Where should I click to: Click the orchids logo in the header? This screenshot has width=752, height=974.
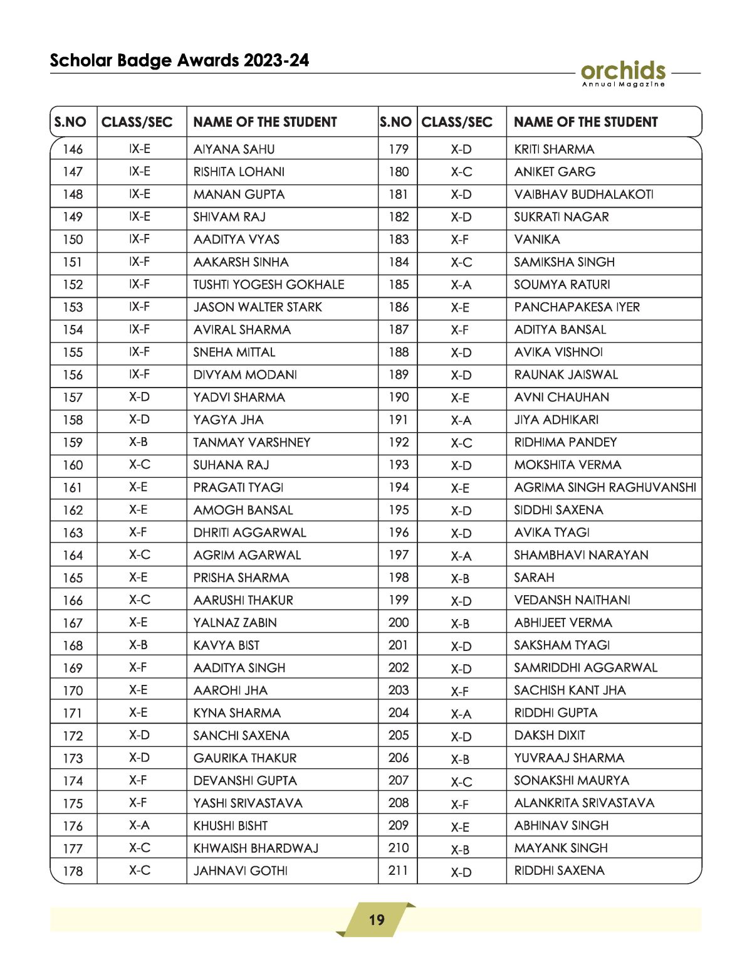click(623, 73)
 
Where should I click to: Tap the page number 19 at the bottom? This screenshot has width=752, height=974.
click(376, 919)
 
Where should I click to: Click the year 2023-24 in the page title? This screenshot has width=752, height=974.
click(276, 60)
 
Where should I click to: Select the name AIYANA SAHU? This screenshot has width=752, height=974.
click(234, 149)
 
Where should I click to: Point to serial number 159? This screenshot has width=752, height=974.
click(73, 443)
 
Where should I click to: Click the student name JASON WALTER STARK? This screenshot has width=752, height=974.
click(258, 307)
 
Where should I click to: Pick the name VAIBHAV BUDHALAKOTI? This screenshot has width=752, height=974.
click(583, 194)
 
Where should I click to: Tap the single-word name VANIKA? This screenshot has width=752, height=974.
click(537, 240)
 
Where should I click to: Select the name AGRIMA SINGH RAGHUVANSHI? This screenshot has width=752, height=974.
click(605, 487)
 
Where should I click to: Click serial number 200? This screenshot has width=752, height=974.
click(399, 623)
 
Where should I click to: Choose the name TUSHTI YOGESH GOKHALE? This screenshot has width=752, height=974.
click(269, 285)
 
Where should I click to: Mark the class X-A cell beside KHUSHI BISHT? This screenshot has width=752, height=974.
click(139, 825)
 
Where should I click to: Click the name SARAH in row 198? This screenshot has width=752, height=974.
click(534, 578)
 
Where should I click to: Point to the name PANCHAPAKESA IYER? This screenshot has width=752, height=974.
click(577, 307)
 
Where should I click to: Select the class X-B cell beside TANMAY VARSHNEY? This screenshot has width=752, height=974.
click(138, 442)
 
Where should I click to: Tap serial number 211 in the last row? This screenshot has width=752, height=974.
click(399, 871)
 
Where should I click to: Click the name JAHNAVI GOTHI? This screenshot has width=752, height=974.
click(241, 871)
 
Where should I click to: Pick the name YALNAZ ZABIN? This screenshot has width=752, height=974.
click(235, 623)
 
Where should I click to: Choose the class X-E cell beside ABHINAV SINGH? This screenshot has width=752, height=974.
click(460, 827)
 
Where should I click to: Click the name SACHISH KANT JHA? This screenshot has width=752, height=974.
click(570, 691)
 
